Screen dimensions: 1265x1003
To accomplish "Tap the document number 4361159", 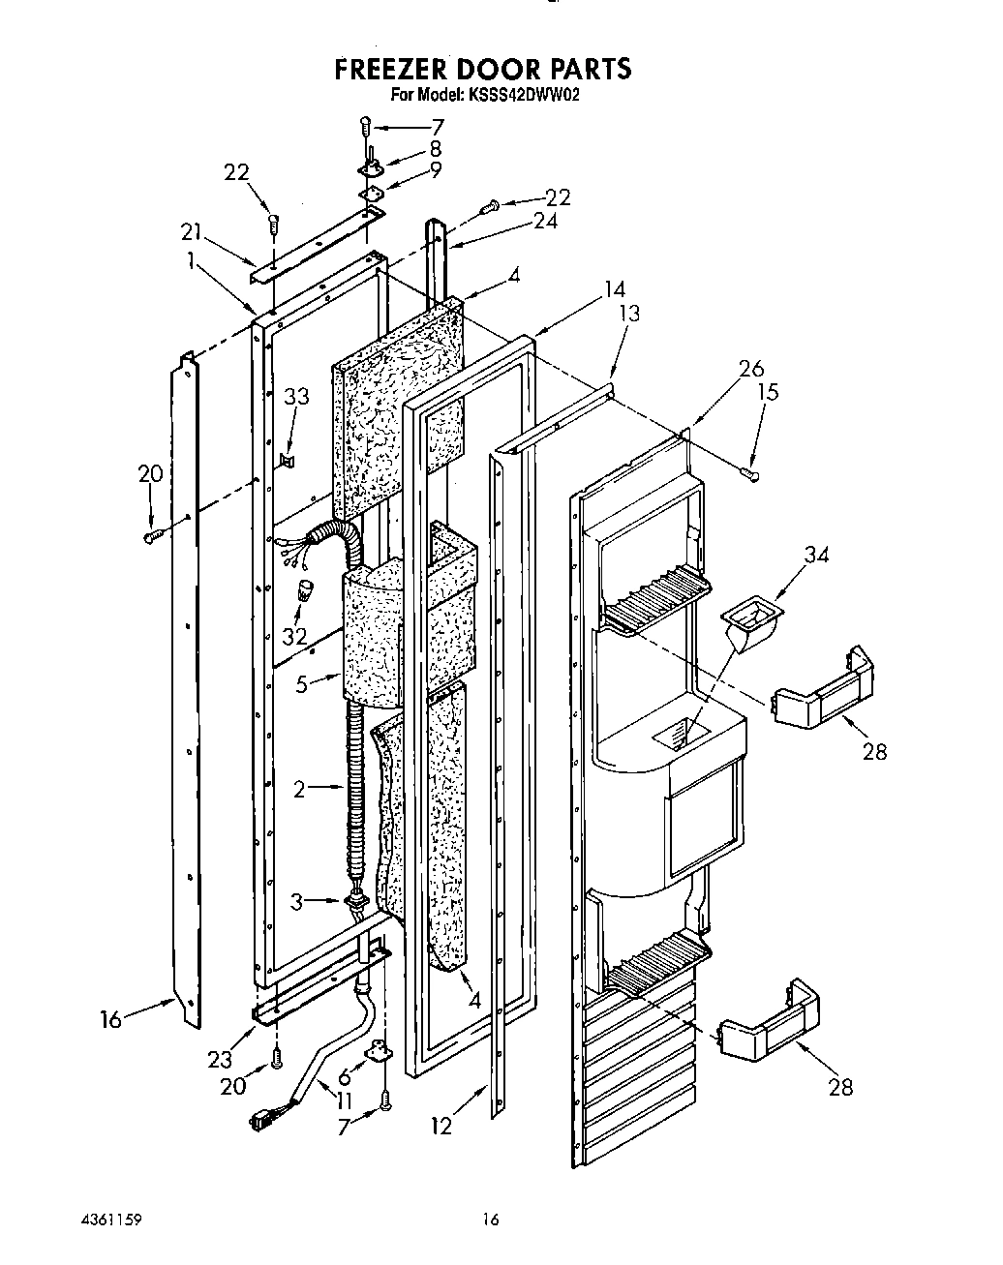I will pyautogui.click(x=114, y=1220).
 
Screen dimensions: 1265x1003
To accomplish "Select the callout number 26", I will pyautogui.click(x=750, y=369).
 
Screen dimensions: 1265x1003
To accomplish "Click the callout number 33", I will pyautogui.click(x=296, y=396).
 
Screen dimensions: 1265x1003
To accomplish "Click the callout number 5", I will pyautogui.click(x=301, y=684).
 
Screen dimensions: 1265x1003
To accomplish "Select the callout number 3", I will pyautogui.click(x=298, y=902).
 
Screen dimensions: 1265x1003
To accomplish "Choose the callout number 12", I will pyautogui.click(x=441, y=1126).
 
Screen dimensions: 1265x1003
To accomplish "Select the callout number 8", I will pyautogui.click(x=435, y=148).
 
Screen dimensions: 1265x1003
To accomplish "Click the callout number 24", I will pyautogui.click(x=544, y=221).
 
